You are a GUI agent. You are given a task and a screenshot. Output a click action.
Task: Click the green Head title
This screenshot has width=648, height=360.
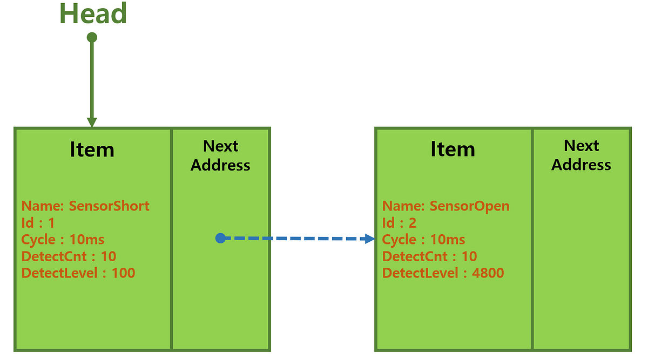click(x=93, y=13)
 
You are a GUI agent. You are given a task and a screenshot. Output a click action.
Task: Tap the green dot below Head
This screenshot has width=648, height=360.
click(x=92, y=37)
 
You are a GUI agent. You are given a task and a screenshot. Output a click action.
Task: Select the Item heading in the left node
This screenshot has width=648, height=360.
click(x=92, y=150)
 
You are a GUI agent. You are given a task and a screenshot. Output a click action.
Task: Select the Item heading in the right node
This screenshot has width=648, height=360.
click(x=453, y=150)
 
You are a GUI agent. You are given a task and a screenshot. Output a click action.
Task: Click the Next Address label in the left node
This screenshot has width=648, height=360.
click(x=220, y=155)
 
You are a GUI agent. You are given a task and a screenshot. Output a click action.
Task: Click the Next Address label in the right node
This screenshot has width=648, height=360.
click(x=581, y=155)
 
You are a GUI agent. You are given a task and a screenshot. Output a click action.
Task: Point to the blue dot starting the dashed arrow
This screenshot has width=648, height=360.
click(x=220, y=238)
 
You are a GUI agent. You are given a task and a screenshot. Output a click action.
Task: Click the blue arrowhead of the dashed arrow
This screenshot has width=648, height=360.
click(x=370, y=238)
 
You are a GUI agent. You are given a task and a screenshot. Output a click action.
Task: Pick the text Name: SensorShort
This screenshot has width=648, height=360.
click(x=85, y=206)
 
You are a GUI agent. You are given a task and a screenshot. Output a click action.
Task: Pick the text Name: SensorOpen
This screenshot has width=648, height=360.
click(x=446, y=206)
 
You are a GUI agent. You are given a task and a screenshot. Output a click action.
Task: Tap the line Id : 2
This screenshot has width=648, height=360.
click(x=399, y=222)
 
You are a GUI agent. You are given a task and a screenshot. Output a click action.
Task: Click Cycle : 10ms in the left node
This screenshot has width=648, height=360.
click(x=63, y=239)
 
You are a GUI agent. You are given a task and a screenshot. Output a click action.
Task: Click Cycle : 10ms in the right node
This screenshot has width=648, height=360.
click(x=423, y=239)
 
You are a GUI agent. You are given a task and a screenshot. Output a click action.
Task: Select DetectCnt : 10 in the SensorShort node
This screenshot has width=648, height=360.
click(x=69, y=256)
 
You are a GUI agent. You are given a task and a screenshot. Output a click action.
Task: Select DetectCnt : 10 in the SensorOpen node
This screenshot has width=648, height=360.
click(x=429, y=256)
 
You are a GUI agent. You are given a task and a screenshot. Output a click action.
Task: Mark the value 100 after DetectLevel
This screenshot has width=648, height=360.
click(x=123, y=273)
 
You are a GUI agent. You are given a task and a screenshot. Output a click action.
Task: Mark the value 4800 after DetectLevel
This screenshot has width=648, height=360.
click(x=488, y=273)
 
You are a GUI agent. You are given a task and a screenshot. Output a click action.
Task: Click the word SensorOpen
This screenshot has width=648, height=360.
click(x=469, y=206)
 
